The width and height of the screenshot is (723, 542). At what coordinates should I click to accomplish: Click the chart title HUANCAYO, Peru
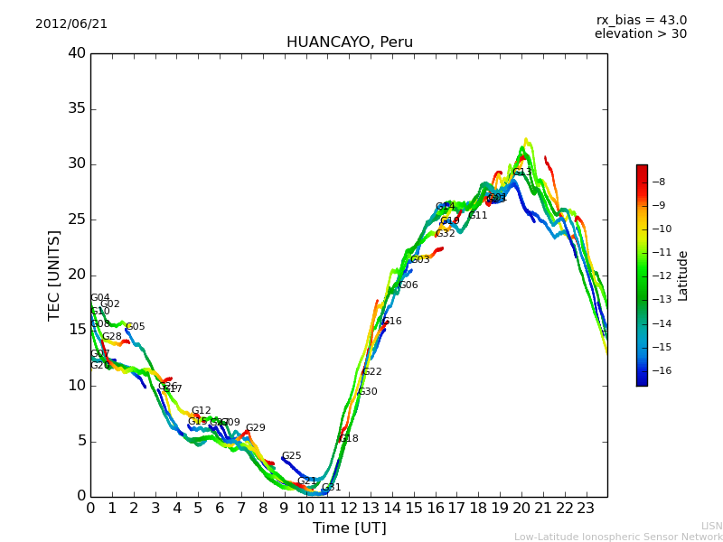[349, 42]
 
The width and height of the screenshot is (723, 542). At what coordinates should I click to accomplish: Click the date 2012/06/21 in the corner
[71, 24]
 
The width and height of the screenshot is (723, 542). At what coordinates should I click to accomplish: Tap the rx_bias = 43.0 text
[641, 21]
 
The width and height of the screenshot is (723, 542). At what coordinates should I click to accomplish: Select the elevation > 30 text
[640, 34]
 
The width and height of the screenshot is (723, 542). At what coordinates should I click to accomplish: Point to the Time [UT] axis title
[349, 528]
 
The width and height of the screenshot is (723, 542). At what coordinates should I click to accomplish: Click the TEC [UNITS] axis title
[54, 275]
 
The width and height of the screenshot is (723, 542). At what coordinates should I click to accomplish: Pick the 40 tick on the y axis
[77, 53]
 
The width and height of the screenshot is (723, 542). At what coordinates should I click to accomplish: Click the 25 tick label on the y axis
[77, 220]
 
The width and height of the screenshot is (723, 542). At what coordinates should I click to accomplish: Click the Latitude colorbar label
[683, 276]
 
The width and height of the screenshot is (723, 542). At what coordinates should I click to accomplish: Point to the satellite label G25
[291, 456]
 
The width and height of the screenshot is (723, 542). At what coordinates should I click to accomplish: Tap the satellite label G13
[522, 173]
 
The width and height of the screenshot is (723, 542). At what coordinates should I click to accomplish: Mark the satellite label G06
[408, 285]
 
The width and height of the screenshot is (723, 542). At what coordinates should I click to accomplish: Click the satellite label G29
[256, 428]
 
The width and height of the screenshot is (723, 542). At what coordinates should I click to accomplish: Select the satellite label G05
[136, 327]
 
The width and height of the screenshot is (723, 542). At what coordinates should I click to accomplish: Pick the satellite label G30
[368, 392]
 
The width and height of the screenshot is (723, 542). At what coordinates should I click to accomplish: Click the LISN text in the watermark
[711, 526]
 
